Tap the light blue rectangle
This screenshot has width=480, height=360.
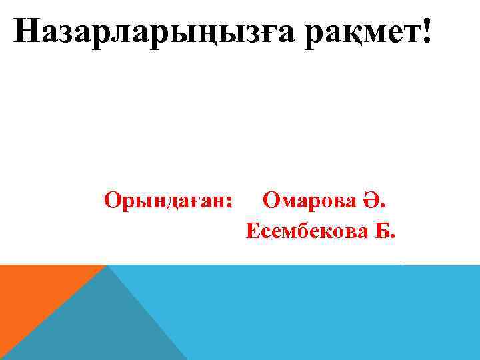tap(320, 313)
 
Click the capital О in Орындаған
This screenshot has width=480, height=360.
tap(112, 199)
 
